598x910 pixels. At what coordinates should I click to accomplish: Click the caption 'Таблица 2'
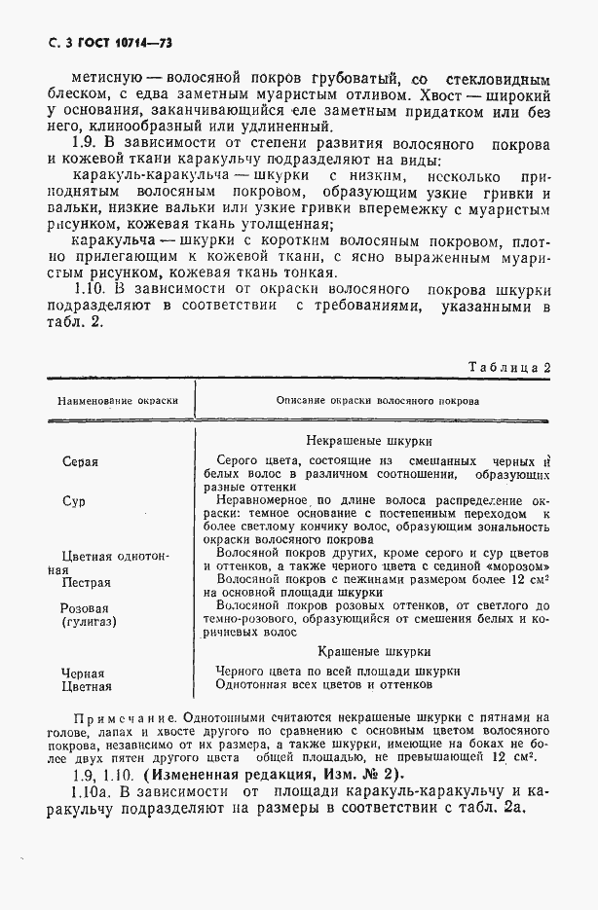click(510, 368)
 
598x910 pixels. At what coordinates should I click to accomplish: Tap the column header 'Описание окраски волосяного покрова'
click(376, 401)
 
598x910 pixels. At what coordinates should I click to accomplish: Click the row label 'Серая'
click(81, 462)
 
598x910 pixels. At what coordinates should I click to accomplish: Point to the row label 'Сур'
click(73, 501)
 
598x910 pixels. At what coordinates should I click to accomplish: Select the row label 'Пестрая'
click(86, 583)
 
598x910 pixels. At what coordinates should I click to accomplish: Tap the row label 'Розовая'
click(85, 606)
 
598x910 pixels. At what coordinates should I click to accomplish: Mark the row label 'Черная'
click(83, 673)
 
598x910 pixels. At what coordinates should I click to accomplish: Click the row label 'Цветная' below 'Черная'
click(86, 687)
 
